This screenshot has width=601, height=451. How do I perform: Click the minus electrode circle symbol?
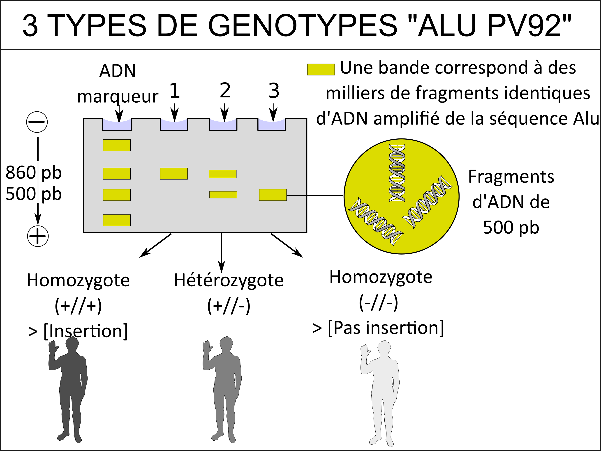tap(37, 122)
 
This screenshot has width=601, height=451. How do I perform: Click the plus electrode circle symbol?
tap(38, 236)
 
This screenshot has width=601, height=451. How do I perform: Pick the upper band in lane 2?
tap(222, 174)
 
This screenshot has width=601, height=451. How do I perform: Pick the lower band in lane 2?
tap(223, 195)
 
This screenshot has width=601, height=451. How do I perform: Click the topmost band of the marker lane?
tap(117, 145)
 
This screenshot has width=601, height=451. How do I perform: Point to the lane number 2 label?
tap(225, 90)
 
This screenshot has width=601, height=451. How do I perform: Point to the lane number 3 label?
tap(274, 91)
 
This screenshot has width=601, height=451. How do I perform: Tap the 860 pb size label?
tap(34, 173)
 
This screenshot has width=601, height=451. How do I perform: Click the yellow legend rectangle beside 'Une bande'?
tap(321, 69)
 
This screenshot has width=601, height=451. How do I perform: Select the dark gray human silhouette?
tap(68, 390)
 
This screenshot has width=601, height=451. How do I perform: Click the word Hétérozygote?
tap(229, 281)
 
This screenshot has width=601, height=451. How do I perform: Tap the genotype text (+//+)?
tap(78, 306)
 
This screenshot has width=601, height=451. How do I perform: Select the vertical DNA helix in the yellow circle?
tap(397, 173)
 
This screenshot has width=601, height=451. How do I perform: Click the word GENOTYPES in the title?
tap(303, 25)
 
